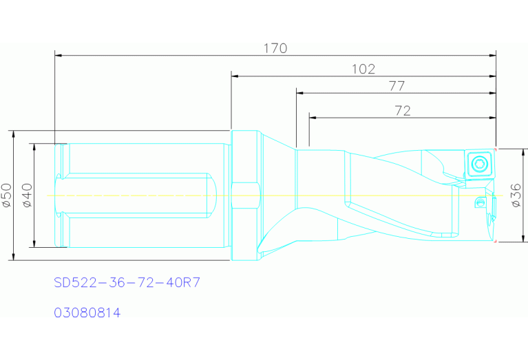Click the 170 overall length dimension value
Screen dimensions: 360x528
(275, 48)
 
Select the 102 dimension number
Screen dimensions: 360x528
(363, 69)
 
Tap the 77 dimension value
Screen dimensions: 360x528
(396, 86)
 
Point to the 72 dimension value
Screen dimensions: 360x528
(403, 111)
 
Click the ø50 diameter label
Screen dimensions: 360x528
(8, 195)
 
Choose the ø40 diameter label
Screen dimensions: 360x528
(27, 195)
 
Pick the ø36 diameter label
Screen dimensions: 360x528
(516, 195)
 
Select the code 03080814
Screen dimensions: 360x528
(87, 313)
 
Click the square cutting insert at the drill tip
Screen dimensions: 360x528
(479, 164)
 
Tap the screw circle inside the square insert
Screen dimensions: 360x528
(479, 164)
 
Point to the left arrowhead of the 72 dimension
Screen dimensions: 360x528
(313, 118)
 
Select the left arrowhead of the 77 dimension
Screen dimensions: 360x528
(299, 92)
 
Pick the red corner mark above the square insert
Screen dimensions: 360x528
(495, 149)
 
